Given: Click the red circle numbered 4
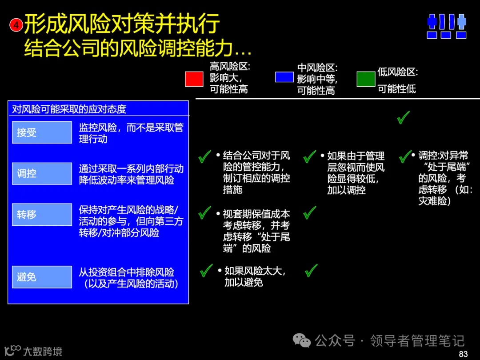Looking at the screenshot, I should tap(16, 25).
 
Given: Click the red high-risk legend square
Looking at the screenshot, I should tap(194, 79).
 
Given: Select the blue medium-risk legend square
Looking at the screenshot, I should tap(284, 77).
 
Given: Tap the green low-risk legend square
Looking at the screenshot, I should tap(366, 79).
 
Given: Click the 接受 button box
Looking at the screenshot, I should tap(42, 132).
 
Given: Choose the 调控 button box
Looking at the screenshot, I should tap(42, 173).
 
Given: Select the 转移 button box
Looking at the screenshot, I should tap(42, 215).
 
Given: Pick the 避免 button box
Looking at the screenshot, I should tap(42, 277).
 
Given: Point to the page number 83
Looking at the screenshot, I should tap(463, 354).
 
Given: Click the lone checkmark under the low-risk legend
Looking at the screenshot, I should tap(403, 117).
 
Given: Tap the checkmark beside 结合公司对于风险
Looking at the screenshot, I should tap(204, 156).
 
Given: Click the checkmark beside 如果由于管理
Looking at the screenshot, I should tap(309, 156).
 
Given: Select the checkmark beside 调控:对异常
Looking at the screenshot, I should tap(405, 156).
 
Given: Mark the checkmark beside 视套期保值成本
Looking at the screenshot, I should tap(204, 212).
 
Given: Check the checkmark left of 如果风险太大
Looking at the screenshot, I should tap(206, 270).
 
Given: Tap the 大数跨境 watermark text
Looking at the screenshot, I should tap(43, 351).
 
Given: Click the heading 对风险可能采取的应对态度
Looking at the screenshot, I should tap(69, 109).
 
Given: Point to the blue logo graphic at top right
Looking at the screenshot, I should tap(446, 26).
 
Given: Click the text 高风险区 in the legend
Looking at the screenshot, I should tap(230, 67).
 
